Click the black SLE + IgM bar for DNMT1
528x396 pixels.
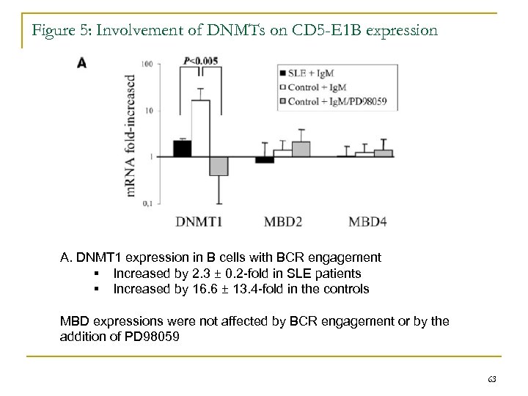pyautogui.click(x=182, y=148)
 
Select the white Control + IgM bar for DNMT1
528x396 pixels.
pyautogui.click(x=200, y=128)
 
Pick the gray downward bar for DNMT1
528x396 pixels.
pyautogui.click(x=219, y=166)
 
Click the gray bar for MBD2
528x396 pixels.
pyautogui.click(x=301, y=149)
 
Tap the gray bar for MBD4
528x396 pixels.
pyautogui.click(x=383, y=153)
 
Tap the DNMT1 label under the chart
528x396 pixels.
pyautogui.click(x=199, y=221)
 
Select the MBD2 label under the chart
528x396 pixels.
pyautogui.click(x=285, y=221)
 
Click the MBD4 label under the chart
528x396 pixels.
pyautogui.click(x=369, y=221)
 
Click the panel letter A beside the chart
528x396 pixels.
pyautogui.click(x=82, y=63)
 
